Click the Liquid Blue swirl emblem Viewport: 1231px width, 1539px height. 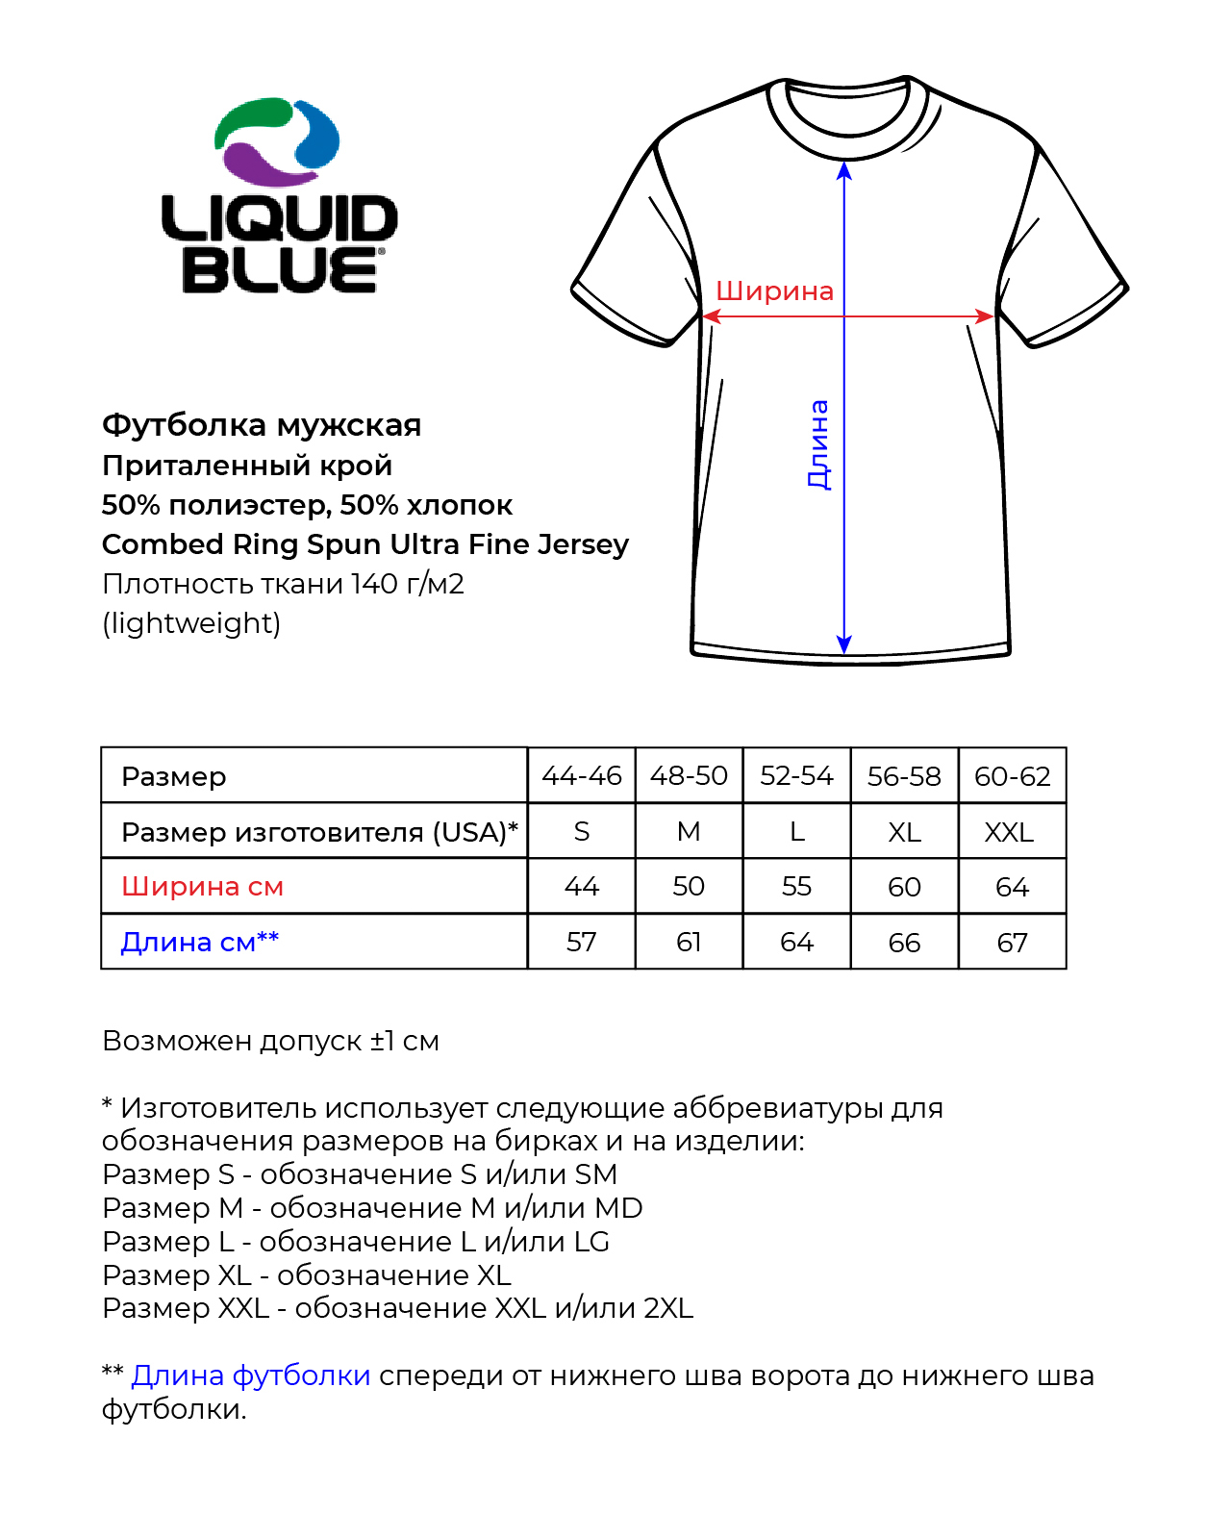[x=277, y=142]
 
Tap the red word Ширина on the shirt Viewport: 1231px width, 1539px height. [x=774, y=291]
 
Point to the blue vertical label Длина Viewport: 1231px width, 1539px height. [x=817, y=444]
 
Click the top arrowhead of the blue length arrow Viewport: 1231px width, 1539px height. [x=844, y=170]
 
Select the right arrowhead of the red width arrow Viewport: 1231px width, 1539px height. [x=985, y=316]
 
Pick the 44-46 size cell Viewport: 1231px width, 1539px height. [x=582, y=776]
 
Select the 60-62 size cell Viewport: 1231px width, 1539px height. [x=1012, y=776]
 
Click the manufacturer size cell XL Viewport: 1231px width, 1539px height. [x=904, y=832]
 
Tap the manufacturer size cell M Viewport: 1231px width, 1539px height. [x=689, y=832]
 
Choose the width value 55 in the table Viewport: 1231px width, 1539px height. [x=796, y=887]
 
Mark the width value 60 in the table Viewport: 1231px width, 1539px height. [x=904, y=887]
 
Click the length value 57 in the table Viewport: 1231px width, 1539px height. [x=582, y=943]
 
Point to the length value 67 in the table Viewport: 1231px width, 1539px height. [x=1012, y=943]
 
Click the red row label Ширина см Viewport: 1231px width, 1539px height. [x=202, y=887]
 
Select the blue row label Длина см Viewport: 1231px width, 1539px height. [x=199, y=943]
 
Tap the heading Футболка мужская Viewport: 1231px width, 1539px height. [x=262, y=425]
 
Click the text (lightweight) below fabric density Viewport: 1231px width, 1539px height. [x=191, y=623]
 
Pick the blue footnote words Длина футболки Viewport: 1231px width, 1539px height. [x=250, y=1375]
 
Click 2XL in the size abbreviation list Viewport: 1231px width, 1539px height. [x=668, y=1308]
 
